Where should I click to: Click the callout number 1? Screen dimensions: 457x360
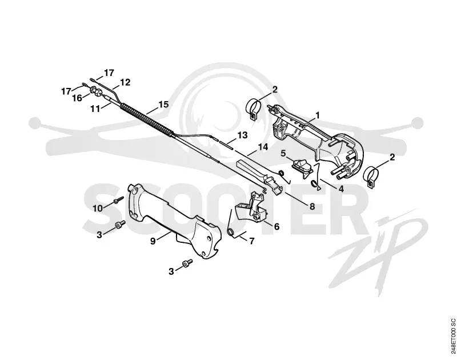point(318,115)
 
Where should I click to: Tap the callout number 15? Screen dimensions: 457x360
point(163,104)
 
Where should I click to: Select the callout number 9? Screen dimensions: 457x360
point(153,241)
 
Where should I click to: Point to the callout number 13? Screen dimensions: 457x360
point(242,135)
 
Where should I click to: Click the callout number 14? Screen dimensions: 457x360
point(263,147)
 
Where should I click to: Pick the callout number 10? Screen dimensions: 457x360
point(98,209)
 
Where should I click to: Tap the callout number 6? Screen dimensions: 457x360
point(276,226)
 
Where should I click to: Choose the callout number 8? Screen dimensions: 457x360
point(312,206)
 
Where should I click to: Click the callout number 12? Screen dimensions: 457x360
point(125,82)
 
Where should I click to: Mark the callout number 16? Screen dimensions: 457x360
point(77,98)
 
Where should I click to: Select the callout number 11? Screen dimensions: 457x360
point(95,109)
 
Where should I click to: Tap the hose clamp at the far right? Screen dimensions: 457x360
point(371,177)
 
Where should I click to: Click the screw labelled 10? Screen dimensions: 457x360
point(119,199)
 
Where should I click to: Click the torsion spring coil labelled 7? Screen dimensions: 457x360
point(231,232)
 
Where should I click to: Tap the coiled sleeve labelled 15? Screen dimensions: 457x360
point(147,119)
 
